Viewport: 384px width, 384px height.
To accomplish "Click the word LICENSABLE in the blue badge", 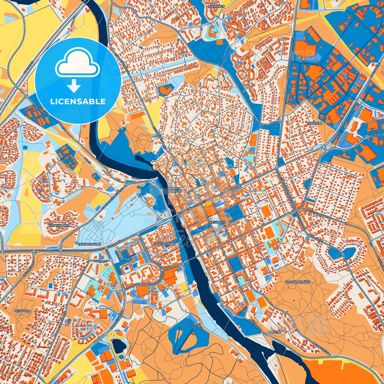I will (78, 102).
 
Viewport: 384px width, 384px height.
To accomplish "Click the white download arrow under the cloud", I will (74, 86).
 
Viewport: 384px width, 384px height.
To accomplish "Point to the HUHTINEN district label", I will (216, 6).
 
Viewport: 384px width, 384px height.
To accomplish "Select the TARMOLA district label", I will (314, 123).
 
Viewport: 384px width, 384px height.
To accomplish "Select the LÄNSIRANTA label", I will (164, 244).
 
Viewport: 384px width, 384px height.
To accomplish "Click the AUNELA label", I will (275, 332).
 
